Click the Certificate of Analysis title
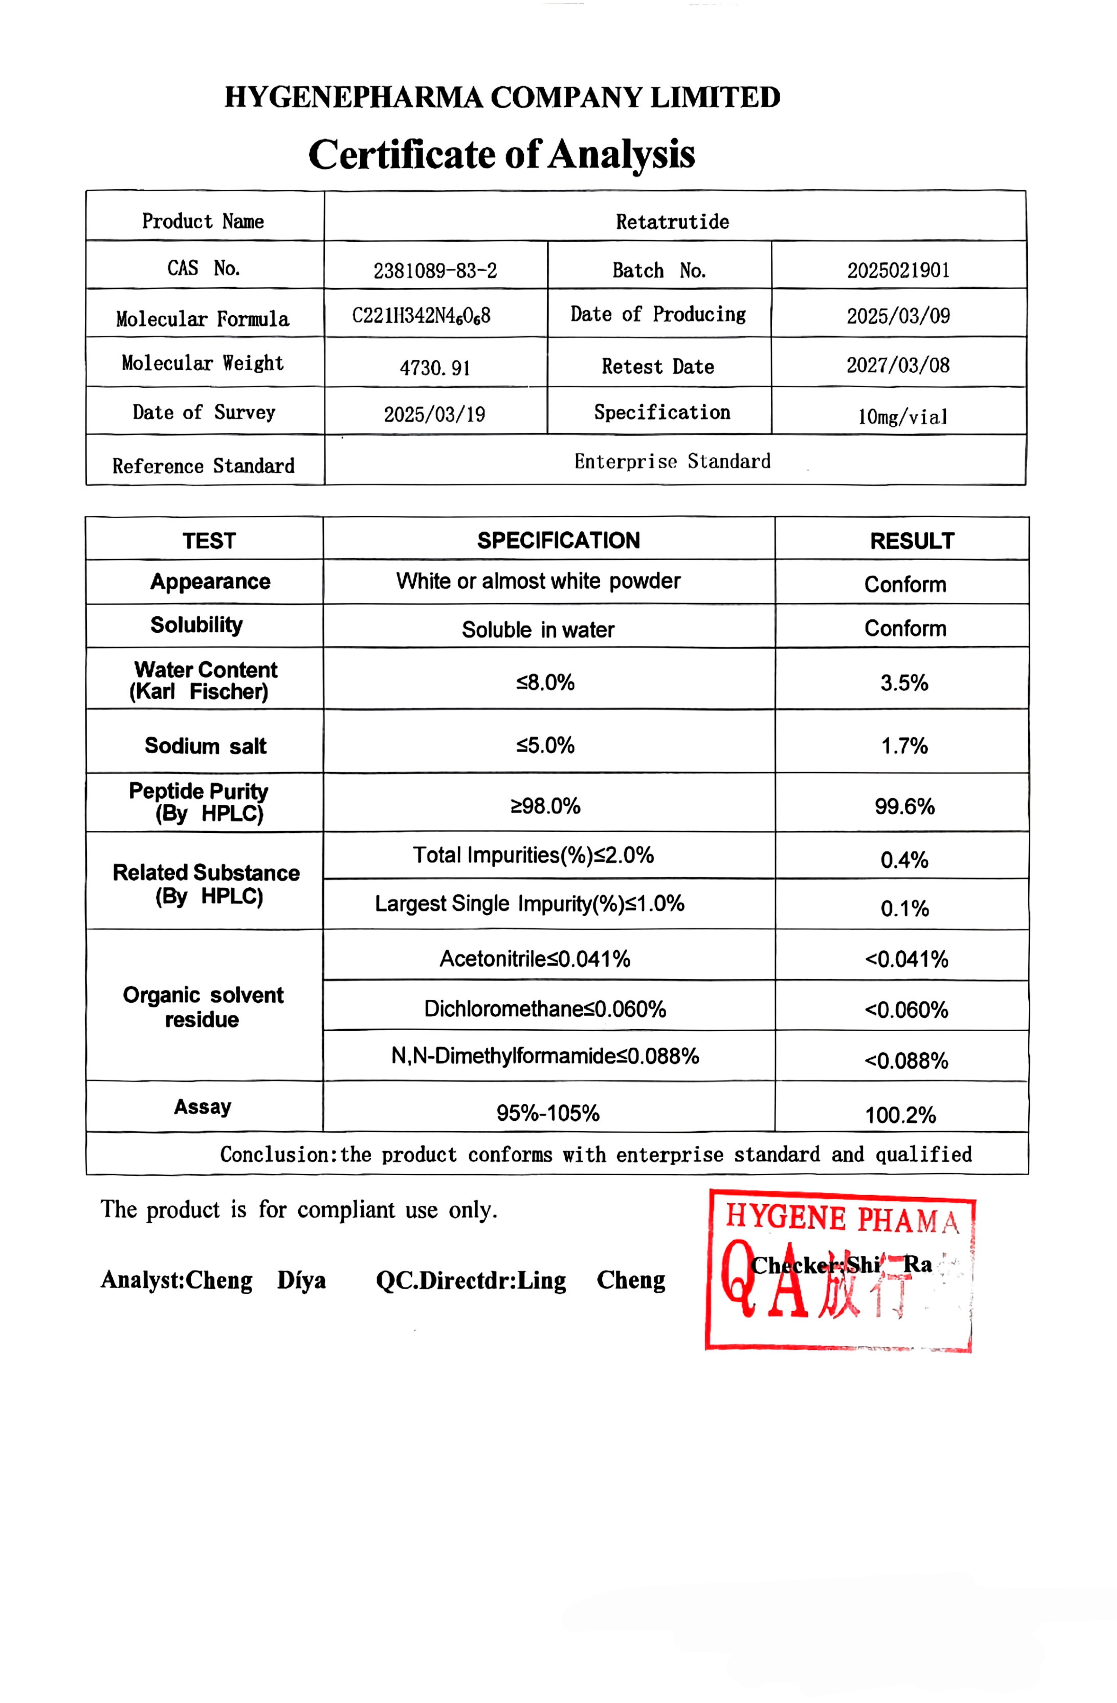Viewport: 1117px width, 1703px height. [501, 154]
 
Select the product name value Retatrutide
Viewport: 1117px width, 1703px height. [672, 222]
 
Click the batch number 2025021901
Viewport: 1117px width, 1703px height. [898, 271]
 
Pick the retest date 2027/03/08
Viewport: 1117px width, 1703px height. [898, 365]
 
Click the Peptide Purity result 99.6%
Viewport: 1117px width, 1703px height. [904, 806]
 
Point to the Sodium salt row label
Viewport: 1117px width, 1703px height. [205, 746]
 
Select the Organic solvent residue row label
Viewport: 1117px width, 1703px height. [203, 1007]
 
